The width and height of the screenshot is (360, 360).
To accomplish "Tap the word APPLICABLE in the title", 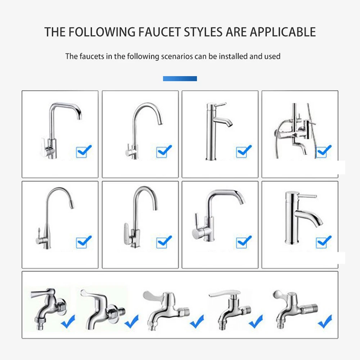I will coord(283,32).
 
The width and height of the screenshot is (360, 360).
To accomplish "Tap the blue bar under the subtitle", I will coord(180,78).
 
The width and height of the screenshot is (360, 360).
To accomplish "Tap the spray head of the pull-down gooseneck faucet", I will coord(72,204).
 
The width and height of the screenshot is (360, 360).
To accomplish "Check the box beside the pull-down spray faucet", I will coord(82,242).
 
